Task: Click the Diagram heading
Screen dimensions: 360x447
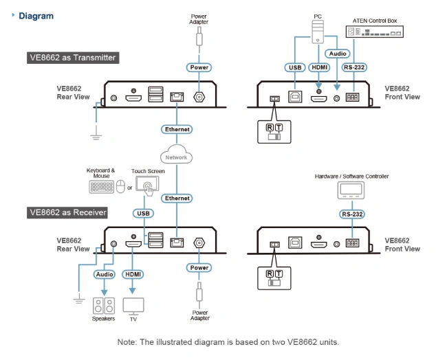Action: [x=36, y=15]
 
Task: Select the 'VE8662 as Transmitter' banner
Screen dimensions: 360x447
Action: [x=73, y=58]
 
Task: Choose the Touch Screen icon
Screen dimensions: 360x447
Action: [x=148, y=185]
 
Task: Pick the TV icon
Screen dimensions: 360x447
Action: [x=133, y=305]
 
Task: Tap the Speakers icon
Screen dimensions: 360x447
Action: [x=103, y=305]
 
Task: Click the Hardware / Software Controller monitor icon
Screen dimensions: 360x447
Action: [x=351, y=190]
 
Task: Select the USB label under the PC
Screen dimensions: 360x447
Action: [x=294, y=67]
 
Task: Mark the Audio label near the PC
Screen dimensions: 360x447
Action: [x=337, y=53]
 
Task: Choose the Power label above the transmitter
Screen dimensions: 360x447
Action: [x=199, y=67]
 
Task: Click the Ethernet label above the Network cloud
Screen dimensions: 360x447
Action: [x=176, y=129]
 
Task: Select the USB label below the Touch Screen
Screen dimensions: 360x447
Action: [x=143, y=214]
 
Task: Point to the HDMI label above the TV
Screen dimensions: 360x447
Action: [x=133, y=274]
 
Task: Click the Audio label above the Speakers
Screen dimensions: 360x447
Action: [x=104, y=274]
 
